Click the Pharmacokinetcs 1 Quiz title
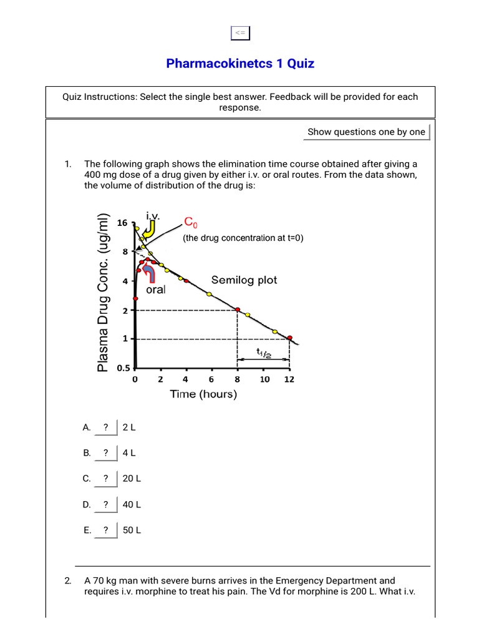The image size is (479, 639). tap(240, 63)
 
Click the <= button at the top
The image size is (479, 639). tap(239, 33)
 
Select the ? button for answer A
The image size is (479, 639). tap(106, 427)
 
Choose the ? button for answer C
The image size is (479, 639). tap(106, 479)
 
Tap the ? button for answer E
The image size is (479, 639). tap(106, 530)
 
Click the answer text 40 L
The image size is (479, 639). tap(132, 504)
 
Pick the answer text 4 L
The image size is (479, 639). tap(129, 453)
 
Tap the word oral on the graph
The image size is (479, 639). tap(156, 290)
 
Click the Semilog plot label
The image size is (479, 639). tap(244, 280)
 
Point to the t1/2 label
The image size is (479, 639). tap(263, 352)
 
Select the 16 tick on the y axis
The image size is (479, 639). tap(122, 223)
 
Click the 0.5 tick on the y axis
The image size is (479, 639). tap(121, 368)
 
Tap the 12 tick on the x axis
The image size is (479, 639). tap(289, 379)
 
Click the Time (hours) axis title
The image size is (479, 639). tap(203, 394)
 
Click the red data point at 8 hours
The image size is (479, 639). tap(238, 310)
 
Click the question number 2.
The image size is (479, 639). tap(67, 580)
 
